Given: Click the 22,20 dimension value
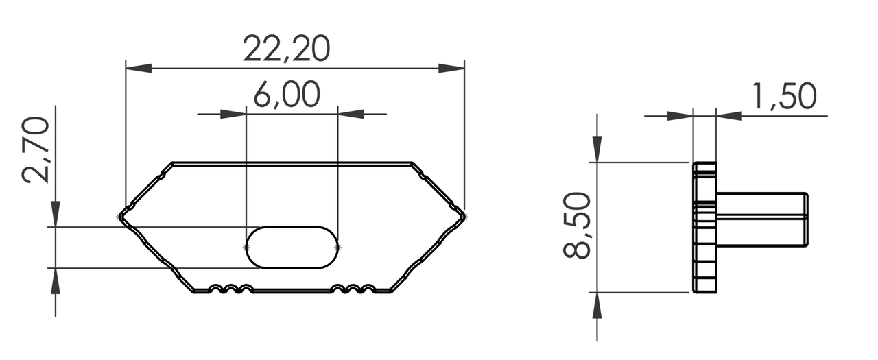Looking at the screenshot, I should pyautogui.click(x=287, y=49).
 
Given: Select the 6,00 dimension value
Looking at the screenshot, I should pyautogui.click(x=287, y=95).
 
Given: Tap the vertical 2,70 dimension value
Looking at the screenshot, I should pyautogui.click(x=36, y=149).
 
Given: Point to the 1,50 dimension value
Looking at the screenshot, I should pyautogui.click(x=785, y=97).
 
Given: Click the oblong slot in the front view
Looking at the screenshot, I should pyautogui.click(x=292, y=247).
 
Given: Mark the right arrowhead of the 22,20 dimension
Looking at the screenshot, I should pyautogui.click(x=451, y=69).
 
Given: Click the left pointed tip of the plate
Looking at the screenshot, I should pyautogui.click(x=121, y=216).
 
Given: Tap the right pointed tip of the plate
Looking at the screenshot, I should pyautogui.click(x=464, y=216).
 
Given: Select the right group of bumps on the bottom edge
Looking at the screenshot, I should pyautogui.click(x=353, y=289).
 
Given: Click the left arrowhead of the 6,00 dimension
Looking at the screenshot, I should pyautogui.click(x=233, y=113).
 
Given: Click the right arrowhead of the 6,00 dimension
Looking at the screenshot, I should pyautogui.click(x=351, y=113).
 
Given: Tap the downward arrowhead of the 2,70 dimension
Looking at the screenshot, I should pyautogui.click(x=56, y=213).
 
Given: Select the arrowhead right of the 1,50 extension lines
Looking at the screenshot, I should pyautogui.click(x=729, y=115).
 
